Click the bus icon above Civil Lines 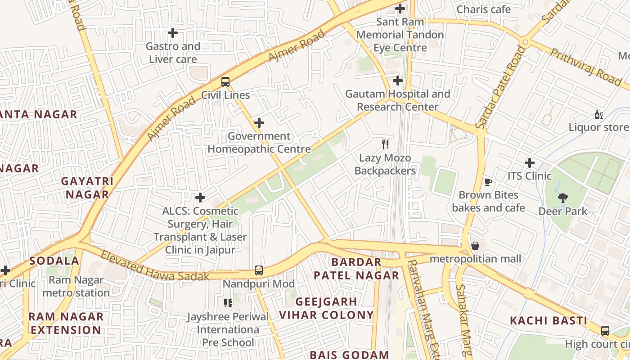click(225, 82)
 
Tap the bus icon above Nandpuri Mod click(258, 270)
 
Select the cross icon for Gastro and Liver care click(172, 33)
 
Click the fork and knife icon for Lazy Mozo click(385, 144)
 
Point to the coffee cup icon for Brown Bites click(488, 182)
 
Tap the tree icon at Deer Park click(562, 198)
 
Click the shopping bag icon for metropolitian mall click(475, 246)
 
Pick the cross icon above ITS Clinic click(530, 162)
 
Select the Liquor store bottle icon click(598, 115)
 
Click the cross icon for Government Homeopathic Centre click(259, 122)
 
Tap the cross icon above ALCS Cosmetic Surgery click(200, 197)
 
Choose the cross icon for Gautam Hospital click(397, 81)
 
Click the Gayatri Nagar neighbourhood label click(87, 188)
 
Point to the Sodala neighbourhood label click(54, 261)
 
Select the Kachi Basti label click(548, 321)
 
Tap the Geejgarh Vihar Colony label click(326, 308)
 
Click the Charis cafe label click(483, 9)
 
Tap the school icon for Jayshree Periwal click(228, 303)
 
